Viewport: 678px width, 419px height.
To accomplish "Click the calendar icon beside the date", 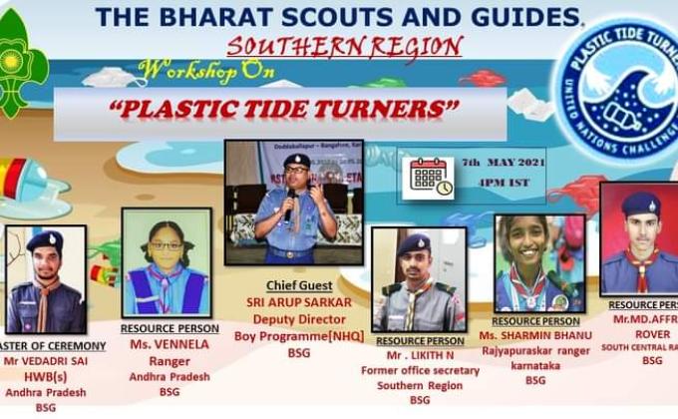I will click(431, 177).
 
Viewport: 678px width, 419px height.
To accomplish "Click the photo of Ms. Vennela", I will click(167, 262).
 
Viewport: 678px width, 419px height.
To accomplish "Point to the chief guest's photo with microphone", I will click(293, 203).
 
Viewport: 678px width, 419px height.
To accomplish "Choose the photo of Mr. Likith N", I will click(419, 279).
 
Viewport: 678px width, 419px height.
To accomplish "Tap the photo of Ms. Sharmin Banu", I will click(539, 263).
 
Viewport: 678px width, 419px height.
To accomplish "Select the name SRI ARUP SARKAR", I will click(294, 299).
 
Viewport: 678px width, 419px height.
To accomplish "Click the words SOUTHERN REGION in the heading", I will click(345, 46).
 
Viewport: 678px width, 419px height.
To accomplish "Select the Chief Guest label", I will click(294, 284).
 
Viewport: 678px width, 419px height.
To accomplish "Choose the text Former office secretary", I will click(420, 370).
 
